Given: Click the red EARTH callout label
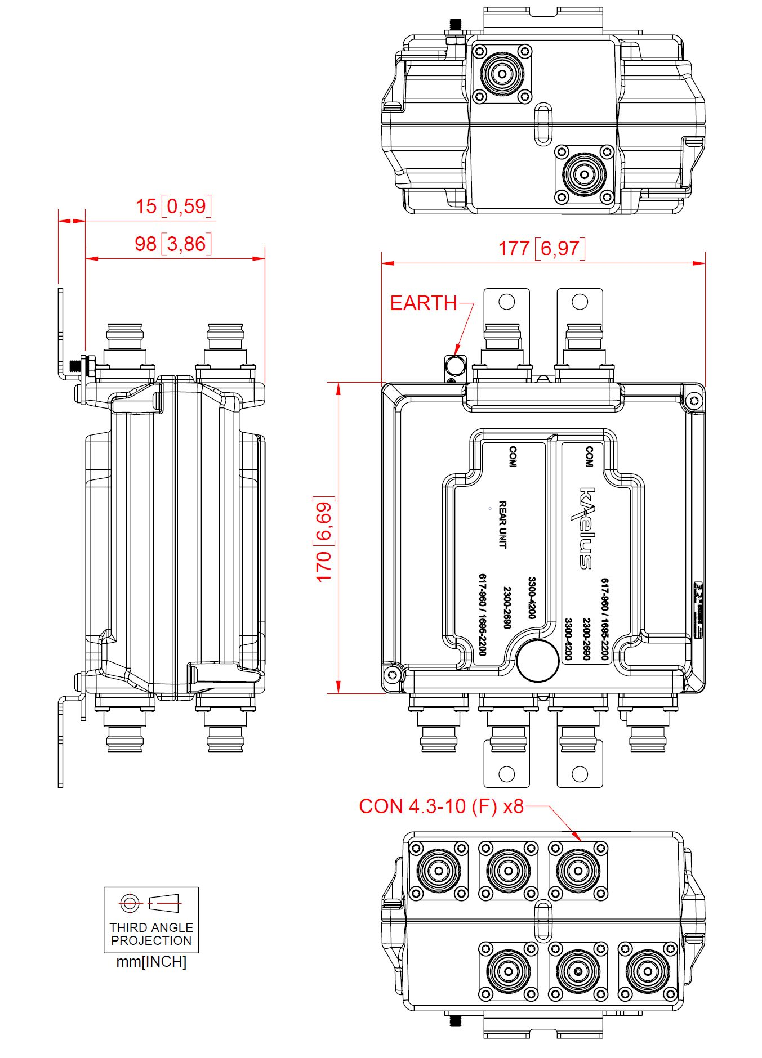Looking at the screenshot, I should click(424, 303).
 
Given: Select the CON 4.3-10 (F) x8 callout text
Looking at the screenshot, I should click(441, 806).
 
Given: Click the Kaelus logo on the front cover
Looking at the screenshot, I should click(586, 528).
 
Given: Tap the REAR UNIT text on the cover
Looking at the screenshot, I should click(502, 524).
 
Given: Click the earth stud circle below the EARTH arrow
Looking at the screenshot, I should click(455, 366).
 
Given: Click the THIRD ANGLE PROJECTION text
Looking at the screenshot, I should click(151, 934).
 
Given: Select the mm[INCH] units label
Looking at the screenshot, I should click(151, 962).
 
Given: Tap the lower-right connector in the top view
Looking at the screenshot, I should click(583, 174).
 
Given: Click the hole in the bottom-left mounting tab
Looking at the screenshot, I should click(506, 774).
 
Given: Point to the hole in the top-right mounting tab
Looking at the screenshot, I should click(580, 302).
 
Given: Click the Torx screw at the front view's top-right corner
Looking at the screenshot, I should click(693, 401).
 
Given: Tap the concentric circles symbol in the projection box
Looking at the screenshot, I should click(130, 903).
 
